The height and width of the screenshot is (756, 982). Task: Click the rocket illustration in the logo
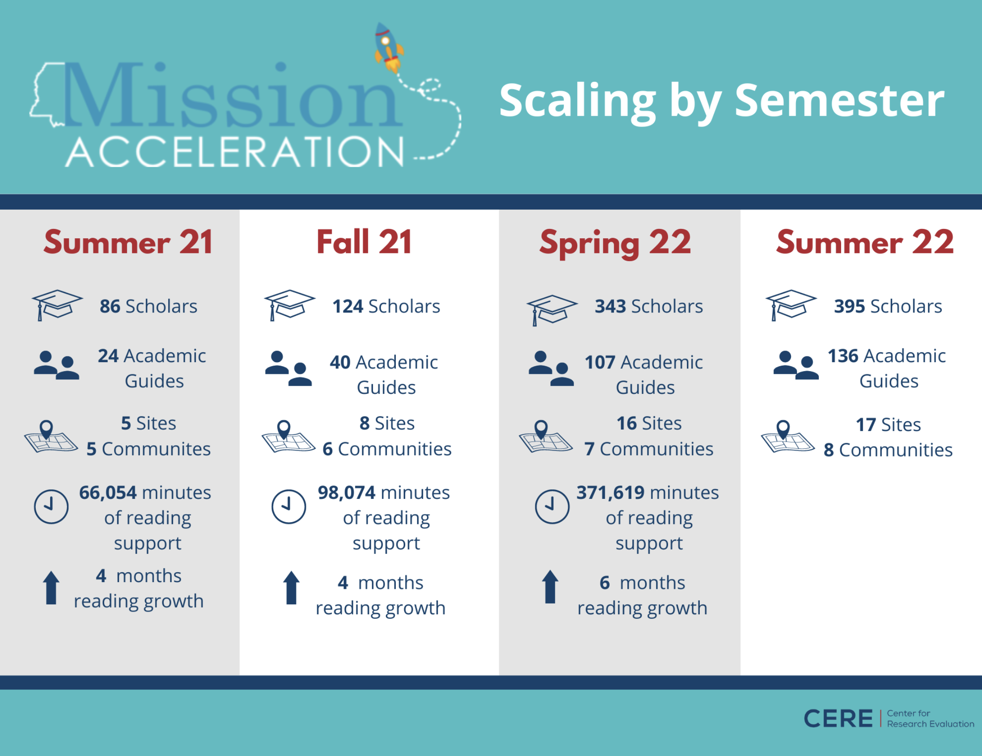coord(389,47)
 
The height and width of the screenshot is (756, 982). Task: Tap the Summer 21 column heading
coord(128,242)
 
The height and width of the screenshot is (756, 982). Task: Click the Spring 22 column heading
coord(615,244)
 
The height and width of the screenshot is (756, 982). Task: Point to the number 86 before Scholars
coord(110,307)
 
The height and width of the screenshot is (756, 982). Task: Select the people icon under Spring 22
coord(551,368)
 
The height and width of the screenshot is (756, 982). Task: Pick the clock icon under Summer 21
coord(51,507)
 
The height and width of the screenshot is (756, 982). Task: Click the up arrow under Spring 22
coord(550,587)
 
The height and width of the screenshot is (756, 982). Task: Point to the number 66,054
coord(108,493)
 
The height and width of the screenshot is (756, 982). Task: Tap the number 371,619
coord(610,493)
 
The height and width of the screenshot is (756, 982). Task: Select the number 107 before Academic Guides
coord(600,363)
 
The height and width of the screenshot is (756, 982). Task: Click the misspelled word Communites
coord(156,449)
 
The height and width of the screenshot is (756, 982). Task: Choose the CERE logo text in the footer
coord(838,719)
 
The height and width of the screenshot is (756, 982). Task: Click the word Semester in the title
coord(839,101)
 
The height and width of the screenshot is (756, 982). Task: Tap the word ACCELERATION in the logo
coord(235,152)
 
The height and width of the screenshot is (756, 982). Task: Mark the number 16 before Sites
coord(626,423)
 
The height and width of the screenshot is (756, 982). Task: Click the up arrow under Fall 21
coord(292,588)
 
